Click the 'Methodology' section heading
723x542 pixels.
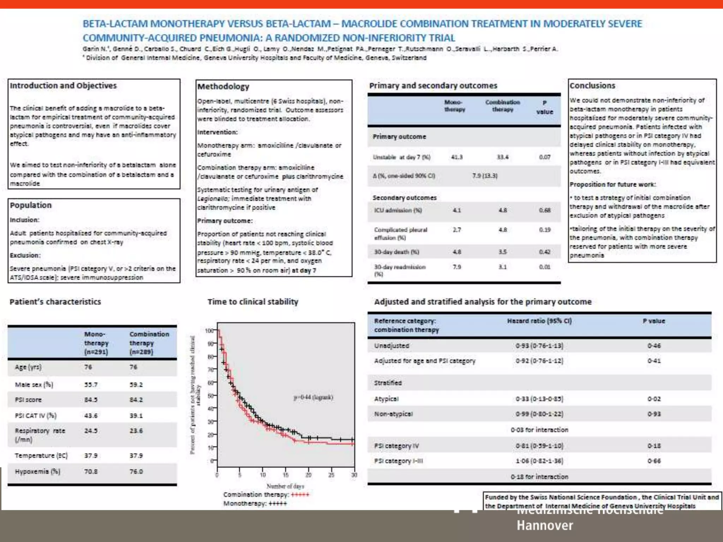point(223,86)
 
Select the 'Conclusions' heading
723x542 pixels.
point(592,86)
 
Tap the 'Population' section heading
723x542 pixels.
point(31,205)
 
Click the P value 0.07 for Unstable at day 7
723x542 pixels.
point(544,157)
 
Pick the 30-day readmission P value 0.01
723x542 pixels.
point(544,267)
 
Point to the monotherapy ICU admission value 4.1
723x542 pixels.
point(456,210)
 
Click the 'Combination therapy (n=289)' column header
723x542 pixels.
point(149,343)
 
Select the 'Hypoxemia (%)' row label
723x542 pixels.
point(37,471)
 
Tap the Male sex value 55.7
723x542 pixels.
point(91,385)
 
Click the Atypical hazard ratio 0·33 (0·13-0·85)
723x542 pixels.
point(539,399)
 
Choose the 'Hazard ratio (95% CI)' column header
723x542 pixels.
point(539,321)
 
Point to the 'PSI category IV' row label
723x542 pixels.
point(396,446)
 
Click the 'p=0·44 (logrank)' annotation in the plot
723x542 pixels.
point(313,397)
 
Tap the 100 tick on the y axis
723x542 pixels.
point(209,331)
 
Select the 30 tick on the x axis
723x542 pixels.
point(354,475)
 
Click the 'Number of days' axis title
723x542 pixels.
point(285,486)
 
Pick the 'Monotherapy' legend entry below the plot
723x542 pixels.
point(255,504)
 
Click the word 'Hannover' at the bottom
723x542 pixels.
point(545,525)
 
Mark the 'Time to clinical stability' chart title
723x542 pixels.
point(253,302)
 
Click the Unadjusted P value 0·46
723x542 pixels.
point(654,346)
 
